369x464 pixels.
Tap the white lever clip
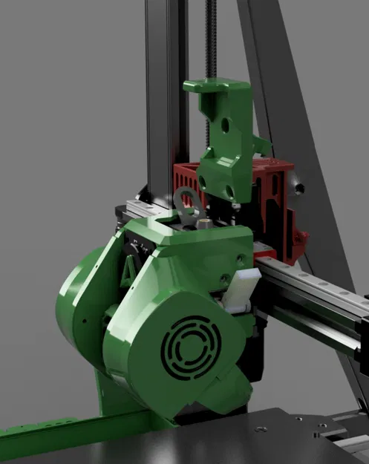coord(241,288)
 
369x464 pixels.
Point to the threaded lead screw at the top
coord(213,37)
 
